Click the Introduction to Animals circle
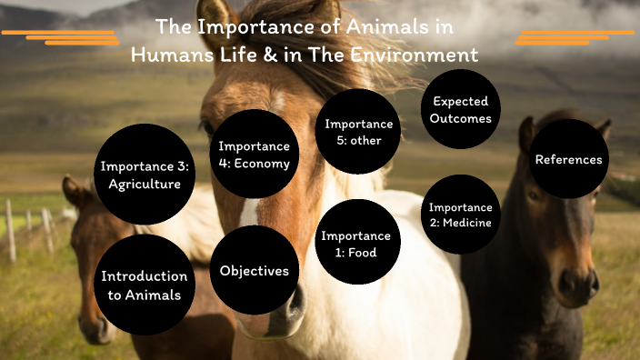145,285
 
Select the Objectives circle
255,271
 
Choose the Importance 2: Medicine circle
460,215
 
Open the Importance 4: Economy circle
254,155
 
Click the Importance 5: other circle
359,132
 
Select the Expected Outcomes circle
461,109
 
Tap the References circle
569,159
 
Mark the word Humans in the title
169,54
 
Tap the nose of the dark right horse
577,286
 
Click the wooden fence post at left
11,231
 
